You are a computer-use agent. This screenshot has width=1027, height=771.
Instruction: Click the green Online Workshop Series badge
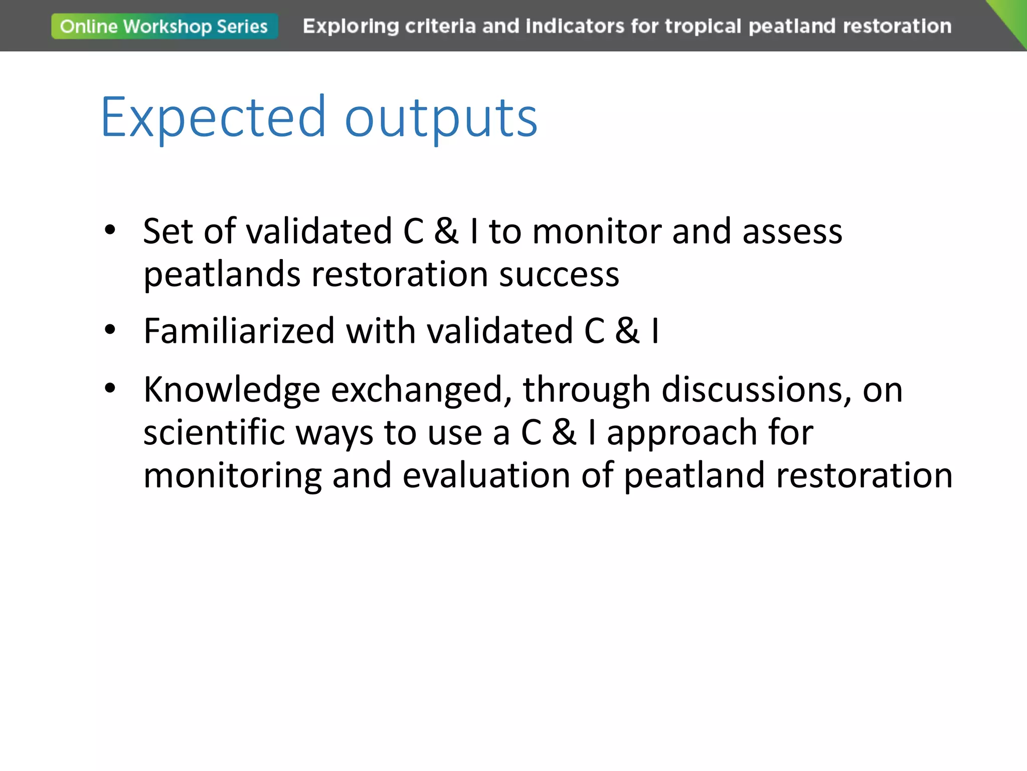pyautogui.click(x=164, y=26)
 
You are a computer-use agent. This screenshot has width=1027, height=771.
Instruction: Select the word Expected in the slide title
pyautogui.click(x=214, y=117)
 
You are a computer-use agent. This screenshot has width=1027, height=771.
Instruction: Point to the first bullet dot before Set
pyautogui.click(x=110, y=230)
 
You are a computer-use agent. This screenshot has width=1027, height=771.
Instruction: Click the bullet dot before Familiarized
pyautogui.click(x=110, y=330)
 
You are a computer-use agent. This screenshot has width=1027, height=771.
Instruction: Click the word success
pyautogui.click(x=559, y=276)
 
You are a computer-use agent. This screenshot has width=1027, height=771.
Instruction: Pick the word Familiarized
pyautogui.click(x=239, y=331)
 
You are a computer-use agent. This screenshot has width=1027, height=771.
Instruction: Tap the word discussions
pyautogui.click(x=756, y=390)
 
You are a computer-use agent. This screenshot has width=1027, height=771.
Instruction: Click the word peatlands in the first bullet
pyautogui.click(x=222, y=276)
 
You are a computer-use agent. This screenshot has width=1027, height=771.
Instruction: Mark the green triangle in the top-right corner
pyautogui.click(x=1013, y=18)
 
